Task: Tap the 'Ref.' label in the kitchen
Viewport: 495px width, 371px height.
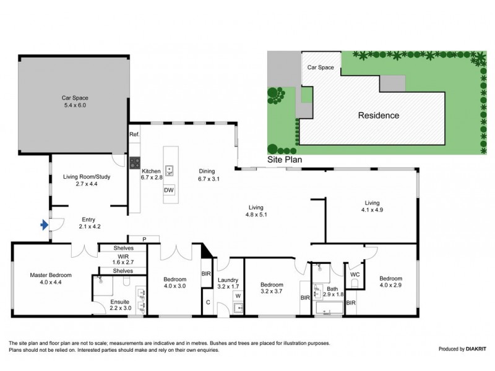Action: pyautogui.click(x=134, y=134)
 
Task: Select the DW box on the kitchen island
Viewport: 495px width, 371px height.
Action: pyautogui.click(x=169, y=190)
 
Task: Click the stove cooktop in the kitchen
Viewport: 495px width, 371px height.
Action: pyautogui.click(x=134, y=163)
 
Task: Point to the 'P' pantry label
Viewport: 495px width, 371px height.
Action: pyautogui.click(x=144, y=239)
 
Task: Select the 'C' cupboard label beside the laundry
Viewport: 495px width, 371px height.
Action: pyautogui.click(x=209, y=302)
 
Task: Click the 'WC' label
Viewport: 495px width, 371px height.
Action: pyautogui.click(x=355, y=274)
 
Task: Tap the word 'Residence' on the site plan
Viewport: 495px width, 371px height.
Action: pyautogui.click(x=377, y=115)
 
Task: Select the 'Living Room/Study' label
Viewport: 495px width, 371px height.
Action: pyautogui.click(x=87, y=177)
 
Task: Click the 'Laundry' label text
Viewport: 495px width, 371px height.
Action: pyautogui.click(x=228, y=279)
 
